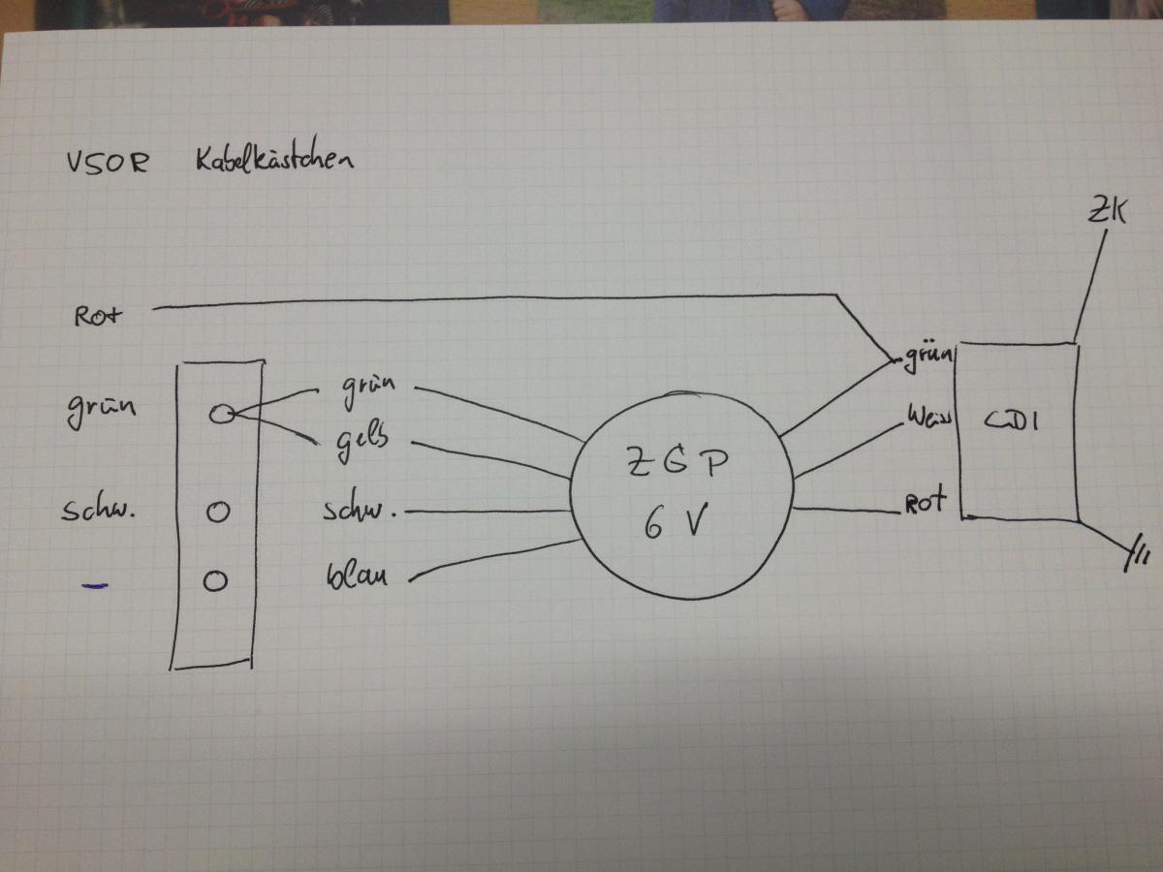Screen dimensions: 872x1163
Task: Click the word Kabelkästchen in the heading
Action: [x=267, y=159]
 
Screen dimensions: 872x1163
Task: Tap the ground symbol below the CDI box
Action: [x=1138, y=556]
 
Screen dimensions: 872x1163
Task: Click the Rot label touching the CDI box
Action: [x=927, y=504]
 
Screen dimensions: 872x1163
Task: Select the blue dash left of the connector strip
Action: [x=95, y=584]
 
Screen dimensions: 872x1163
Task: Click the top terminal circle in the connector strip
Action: [x=220, y=414]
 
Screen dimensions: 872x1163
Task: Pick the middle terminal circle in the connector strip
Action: [x=217, y=512]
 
